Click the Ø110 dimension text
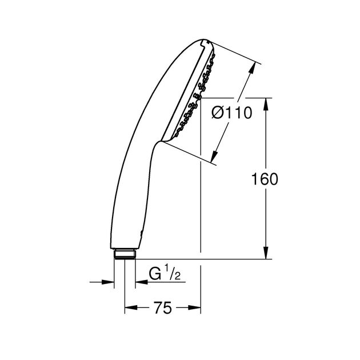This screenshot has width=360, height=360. [x=231, y=114]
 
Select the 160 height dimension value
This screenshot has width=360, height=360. [x=265, y=179]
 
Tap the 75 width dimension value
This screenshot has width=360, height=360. [x=163, y=309]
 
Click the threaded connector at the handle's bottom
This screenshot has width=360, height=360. [x=124, y=253]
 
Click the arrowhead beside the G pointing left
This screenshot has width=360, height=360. [x=141, y=282]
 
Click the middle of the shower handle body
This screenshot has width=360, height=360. [x=131, y=171]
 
